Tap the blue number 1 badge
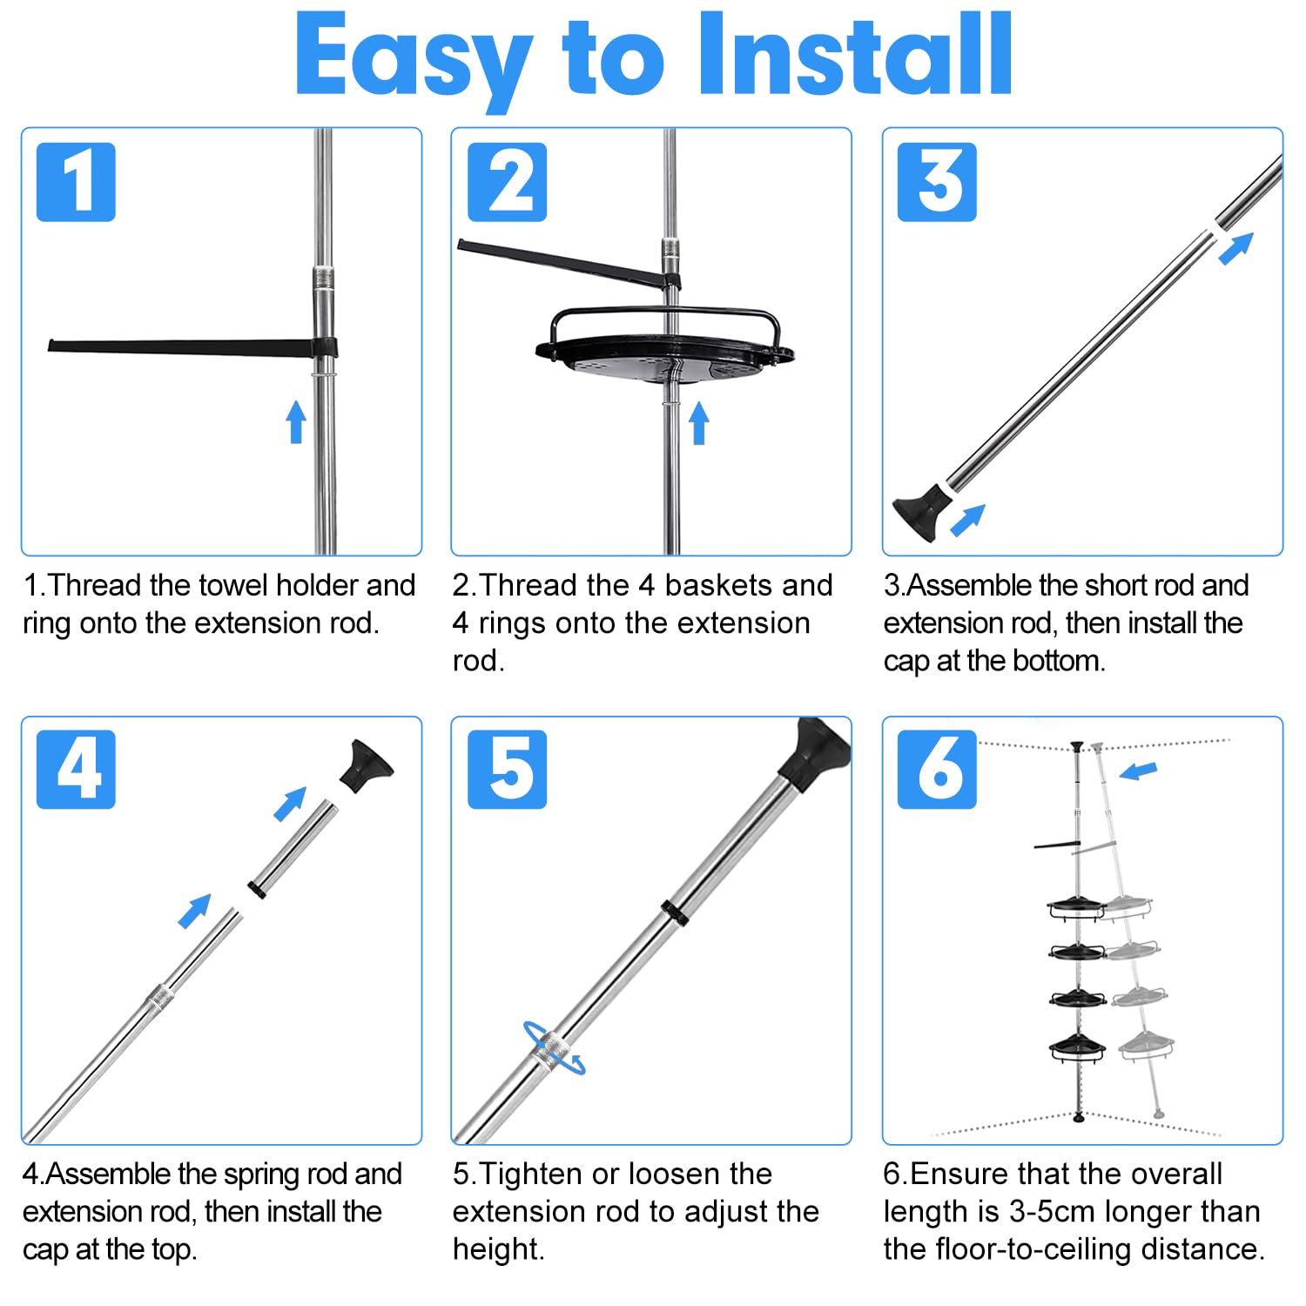coord(76,182)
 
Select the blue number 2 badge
coord(508,182)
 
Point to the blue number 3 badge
coord(937,182)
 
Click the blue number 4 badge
coord(76,770)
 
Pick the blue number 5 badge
coord(508,770)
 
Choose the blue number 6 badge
coord(937,770)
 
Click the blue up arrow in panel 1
coord(296,421)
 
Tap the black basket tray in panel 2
coord(665,348)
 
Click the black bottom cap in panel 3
coord(921,511)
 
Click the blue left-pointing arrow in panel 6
coord(1138,771)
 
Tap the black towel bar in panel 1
coord(192,347)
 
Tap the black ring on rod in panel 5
coord(673,913)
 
